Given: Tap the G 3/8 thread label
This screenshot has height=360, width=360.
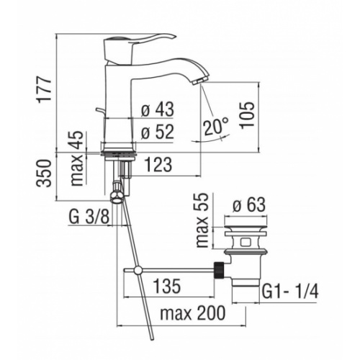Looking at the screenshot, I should (x=90, y=215).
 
